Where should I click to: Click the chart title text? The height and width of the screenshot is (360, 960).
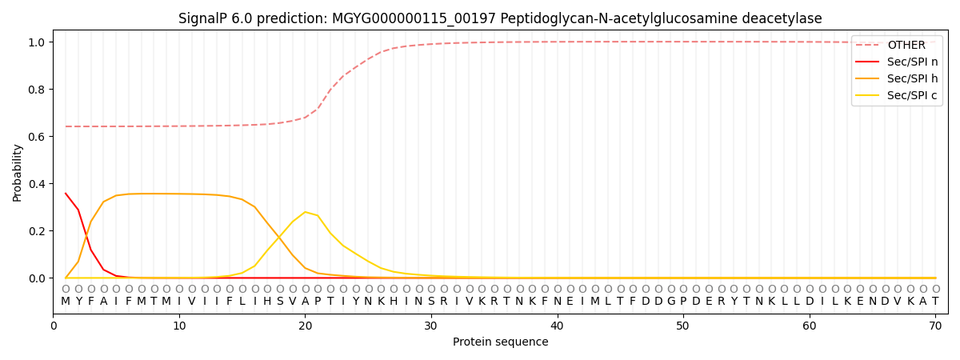coord(500,18)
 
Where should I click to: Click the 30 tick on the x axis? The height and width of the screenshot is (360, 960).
coord(431,326)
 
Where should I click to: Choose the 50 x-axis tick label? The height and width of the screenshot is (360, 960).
coord(683,326)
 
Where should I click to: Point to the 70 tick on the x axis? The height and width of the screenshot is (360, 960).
coord(935,326)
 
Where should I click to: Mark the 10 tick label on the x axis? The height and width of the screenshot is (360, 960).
coord(179,326)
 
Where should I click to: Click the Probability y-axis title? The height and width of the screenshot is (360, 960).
coord(18,172)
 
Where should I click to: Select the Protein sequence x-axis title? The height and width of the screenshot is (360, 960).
coord(500,342)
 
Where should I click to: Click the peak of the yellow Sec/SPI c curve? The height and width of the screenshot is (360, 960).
coord(305,212)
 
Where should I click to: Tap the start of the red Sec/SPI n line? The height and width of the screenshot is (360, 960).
coord(66,193)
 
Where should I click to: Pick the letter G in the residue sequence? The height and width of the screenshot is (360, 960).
coord(670,302)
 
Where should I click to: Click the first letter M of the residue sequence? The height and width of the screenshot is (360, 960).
coord(66,302)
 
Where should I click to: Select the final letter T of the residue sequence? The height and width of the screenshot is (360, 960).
coord(935,302)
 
